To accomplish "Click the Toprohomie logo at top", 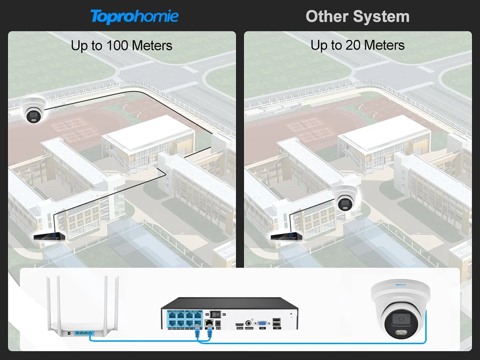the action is tap(134, 16).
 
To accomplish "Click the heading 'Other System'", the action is tap(358, 16).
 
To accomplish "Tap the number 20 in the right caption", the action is tap(352, 46).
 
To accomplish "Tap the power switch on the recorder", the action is tap(216, 312).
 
